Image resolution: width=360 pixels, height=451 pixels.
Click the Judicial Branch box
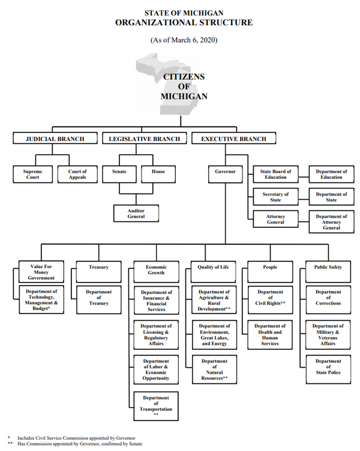pyautogui.click(x=55, y=139)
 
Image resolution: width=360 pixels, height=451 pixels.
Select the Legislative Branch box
pyautogui.click(x=144, y=139)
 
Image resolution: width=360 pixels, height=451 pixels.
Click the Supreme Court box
pyautogui.click(x=33, y=175)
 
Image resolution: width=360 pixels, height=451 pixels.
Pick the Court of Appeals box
pyautogui.click(x=77, y=175)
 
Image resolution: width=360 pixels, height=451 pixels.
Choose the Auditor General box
pyautogui.click(x=136, y=213)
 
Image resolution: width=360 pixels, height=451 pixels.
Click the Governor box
pyautogui.click(x=226, y=172)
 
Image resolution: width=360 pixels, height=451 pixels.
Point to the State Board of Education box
pyautogui.click(x=276, y=175)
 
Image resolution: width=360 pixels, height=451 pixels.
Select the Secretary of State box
pyautogui.click(x=276, y=197)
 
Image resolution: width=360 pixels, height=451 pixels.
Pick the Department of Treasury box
pyautogui.click(x=99, y=298)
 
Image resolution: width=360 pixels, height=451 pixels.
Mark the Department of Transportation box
pyautogui.click(x=155, y=406)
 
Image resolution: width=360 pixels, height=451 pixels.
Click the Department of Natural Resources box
pyautogui.click(x=214, y=370)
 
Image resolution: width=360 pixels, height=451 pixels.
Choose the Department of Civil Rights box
pyautogui.click(x=271, y=298)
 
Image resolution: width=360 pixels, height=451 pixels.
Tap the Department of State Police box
pyautogui.click(x=328, y=367)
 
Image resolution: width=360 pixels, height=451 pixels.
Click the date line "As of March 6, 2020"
pyautogui.click(x=184, y=40)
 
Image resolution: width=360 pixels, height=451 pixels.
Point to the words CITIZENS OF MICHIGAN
pyautogui.click(x=184, y=86)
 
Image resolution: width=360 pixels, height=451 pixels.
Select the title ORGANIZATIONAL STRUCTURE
pyautogui.click(x=184, y=23)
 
